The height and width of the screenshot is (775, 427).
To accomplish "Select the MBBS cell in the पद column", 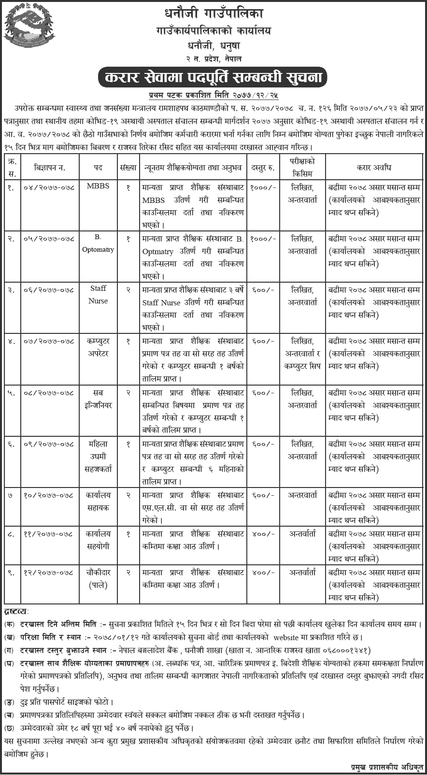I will click(x=99, y=187).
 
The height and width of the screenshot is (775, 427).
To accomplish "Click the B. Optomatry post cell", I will click(x=98, y=244).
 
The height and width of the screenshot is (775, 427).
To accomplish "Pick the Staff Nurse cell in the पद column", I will click(x=98, y=294).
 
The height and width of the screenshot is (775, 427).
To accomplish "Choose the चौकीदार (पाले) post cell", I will click(x=98, y=578).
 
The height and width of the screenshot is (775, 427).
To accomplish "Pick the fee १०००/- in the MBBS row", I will click(x=264, y=187).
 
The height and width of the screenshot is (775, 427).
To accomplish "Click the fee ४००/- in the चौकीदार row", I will click(x=264, y=573).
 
